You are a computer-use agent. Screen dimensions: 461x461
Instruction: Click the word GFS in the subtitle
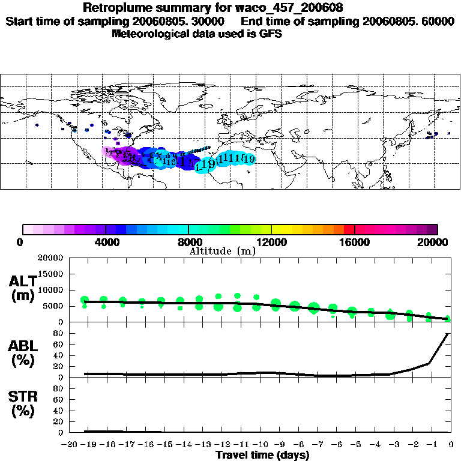tap(271, 34)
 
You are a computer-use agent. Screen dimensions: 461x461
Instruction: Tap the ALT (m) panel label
tap(25, 289)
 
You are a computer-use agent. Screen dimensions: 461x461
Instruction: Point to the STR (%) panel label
tap(25, 404)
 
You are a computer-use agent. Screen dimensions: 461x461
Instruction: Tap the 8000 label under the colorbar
tap(188, 242)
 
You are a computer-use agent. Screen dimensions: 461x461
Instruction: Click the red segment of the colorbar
tap(349, 229)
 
